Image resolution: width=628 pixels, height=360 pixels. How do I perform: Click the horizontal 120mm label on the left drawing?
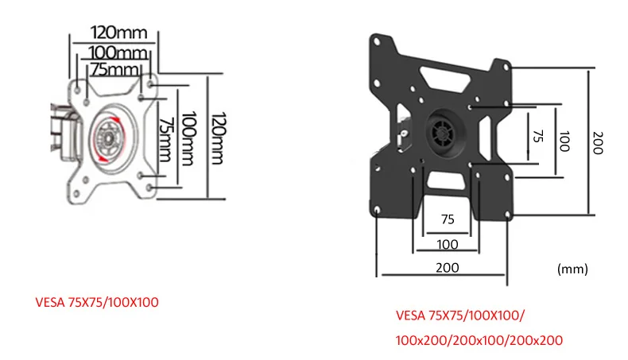pyautogui.click(x=119, y=33)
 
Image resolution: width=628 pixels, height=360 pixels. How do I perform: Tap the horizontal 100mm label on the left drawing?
pyautogui.click(x=118, y=52)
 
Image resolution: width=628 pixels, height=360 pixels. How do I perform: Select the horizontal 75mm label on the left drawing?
pyautogui.click(x=115, y=69)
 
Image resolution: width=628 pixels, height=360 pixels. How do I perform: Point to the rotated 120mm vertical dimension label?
pyautogui.click(x=219, y=138)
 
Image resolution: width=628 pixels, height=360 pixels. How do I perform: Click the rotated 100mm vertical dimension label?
pyautogui.click(x=188, y=138)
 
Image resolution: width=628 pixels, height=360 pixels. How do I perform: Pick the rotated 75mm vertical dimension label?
pyautogui.click(x=165, y=139)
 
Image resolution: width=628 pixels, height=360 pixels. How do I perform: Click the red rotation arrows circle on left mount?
pyautogui.click(x=109, y=138)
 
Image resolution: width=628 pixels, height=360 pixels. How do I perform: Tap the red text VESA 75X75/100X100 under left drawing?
pyautogui.click(x=97, y=302)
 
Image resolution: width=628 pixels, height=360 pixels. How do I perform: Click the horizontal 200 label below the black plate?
pyautogui.click(x=448, y=268)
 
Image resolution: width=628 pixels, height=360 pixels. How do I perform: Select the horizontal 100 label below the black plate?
pyautogui.click(x=448, y=244)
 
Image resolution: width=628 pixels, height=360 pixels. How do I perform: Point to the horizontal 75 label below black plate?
pyautogui.click(x=448, y=219)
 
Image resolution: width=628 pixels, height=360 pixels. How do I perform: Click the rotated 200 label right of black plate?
pyautogui.click(x=597, y=142)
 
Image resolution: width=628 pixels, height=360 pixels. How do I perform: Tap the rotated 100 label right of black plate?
pyautogui.click(x=564, y=141)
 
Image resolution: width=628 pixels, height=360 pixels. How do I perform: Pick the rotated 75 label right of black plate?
pyautogui.click(x=538, y=136)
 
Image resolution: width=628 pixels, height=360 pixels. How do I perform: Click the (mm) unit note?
pyautogui.click(x=572, y=269)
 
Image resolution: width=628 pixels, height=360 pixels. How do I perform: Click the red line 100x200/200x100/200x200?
pyautogui.click(x=479, y=340)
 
